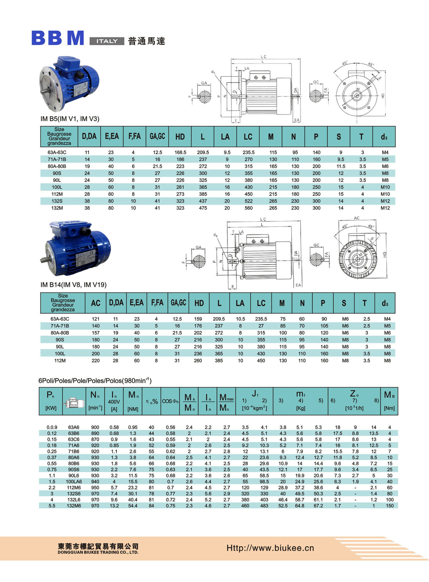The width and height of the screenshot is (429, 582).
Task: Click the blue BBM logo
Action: tap(58, 38)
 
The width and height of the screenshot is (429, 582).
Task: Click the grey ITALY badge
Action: tap(107, 41)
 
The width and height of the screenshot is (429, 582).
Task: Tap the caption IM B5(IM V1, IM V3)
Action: tap(70, 119)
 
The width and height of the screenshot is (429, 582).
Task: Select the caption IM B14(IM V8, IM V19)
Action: tap(73, 285)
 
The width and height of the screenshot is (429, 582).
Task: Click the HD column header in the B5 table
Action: tap(180, 137)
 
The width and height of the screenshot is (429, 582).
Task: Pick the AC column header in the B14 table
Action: tap(96, 303)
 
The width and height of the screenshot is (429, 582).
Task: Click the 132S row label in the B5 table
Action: tap(57, 201)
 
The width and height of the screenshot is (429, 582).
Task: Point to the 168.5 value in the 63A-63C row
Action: tap(180, 152)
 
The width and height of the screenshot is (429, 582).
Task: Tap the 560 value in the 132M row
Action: tap(248, 208)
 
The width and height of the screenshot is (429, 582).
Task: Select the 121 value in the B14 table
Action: tap(96, 319)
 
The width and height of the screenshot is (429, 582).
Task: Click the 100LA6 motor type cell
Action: tap(74, 482)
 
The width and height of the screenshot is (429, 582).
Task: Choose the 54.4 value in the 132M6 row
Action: tap(133, 506)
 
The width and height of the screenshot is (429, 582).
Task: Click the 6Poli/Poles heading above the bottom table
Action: tap(95, 381)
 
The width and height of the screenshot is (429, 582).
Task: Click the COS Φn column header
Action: tap(170, 401)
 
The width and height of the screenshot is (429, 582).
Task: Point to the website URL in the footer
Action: tap(270, 548)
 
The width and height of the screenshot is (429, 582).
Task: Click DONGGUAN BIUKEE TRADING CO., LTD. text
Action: tap(98, 552)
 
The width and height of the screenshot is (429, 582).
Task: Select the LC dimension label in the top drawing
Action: tap(263, 57)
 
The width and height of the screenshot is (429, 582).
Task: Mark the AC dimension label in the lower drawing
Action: tap(357, 218)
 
